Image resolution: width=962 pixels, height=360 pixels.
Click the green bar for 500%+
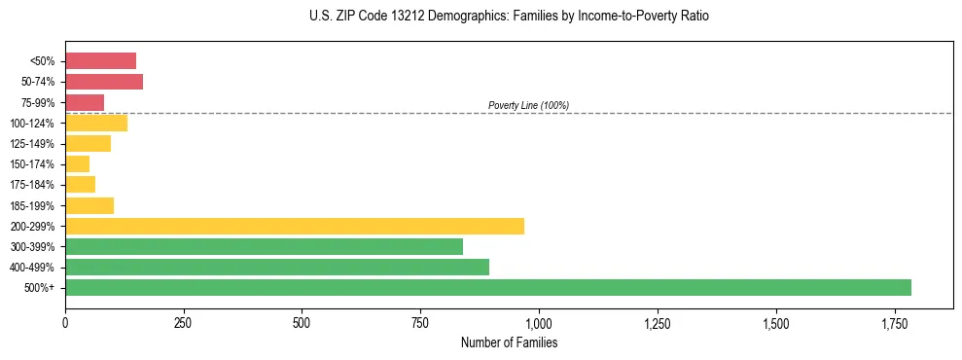click(x=487, y=288)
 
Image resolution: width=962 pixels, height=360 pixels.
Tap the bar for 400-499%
click(x=277, y=268)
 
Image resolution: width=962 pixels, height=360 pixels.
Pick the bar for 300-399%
click(x=264, y=246)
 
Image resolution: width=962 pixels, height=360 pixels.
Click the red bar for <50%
click(x=100, y=61)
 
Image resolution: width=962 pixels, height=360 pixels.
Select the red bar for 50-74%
click(x=104, y=82)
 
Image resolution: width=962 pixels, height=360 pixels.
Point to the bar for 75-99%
click(x=85, y=102)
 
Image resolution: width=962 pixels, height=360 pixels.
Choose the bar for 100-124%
click(x=96, y=123)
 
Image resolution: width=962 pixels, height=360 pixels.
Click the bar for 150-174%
click(x=78, y=164)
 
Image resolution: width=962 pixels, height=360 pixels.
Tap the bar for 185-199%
click(x=89, y=205)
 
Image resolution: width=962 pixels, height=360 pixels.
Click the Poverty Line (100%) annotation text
click(x=528, y=105)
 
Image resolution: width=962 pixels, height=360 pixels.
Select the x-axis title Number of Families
click(x=509, y=342)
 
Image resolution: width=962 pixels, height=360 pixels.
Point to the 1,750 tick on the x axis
click(x=776, y=321)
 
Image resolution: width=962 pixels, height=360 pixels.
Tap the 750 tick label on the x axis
click(x=420, y=321)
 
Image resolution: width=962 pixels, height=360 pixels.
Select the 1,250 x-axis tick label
click(x=658, y=321)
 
